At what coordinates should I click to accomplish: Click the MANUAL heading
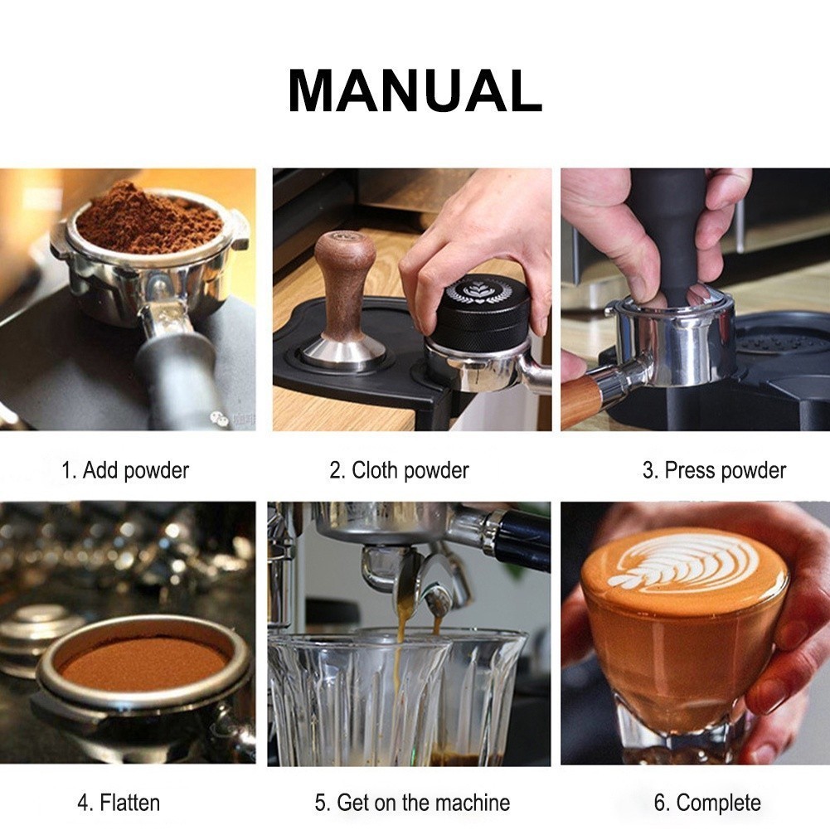pyautogui.click(x=415, y=90)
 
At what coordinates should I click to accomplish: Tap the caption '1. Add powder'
pyautogui.click(x=125, y=470)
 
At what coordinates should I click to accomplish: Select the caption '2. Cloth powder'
pyautogui.click(x=399, y=470)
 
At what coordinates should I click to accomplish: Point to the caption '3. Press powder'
pyautogui.click(x=714, y=470)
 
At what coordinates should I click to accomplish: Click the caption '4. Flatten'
pyautogui.click(x=119, y=803)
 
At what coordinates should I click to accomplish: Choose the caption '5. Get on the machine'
pyautogui.click(x=412, y=803)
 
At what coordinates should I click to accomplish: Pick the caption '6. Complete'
pyautogui.click(x=707, y=803)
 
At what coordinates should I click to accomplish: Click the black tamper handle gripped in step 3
pyautogui.click(x=676, y=233)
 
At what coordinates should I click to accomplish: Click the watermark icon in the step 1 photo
pyautogui.click(x=217, y=418)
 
